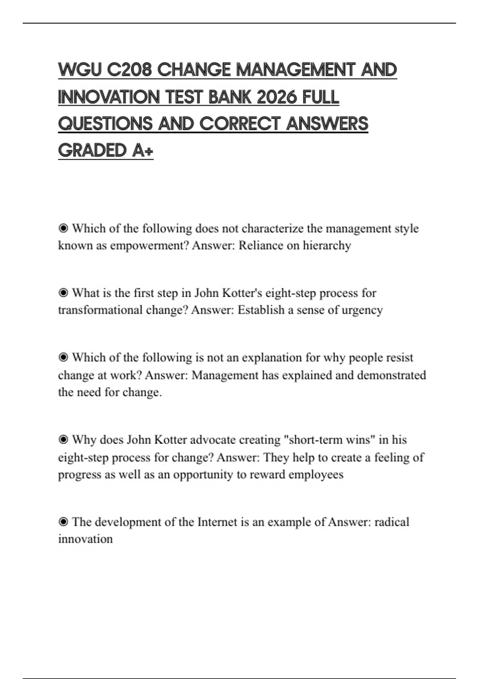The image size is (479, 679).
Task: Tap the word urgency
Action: click(362, 310)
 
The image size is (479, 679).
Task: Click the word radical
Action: click(392, 522)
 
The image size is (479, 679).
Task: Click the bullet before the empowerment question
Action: click(63, 228)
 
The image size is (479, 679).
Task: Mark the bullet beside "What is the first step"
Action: click(63, 293)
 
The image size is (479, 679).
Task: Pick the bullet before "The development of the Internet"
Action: click(63, 522)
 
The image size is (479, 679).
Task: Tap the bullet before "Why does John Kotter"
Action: click(63, 440)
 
